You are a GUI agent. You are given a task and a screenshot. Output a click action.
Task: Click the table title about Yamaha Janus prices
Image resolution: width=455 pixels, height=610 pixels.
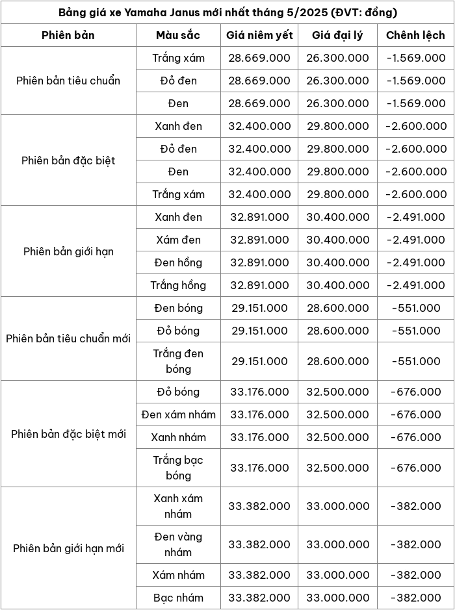pyautogui.click(x=227, y=12)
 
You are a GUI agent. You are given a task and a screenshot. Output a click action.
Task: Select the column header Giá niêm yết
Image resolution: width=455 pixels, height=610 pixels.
pyautogui.click(x=259, y=35)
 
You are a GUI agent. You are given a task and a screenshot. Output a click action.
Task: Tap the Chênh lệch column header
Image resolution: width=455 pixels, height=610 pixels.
pyautogui.click(x=415, y=35)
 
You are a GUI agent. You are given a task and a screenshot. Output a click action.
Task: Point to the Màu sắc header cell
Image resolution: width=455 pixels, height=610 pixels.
pyautogui.click(x=178, y=35)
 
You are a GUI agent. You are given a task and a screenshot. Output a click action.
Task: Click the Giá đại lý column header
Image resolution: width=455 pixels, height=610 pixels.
pyautogui.click(x=338, y=35)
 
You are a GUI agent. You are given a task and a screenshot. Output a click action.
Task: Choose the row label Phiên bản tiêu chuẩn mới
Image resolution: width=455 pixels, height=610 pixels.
pyautogui.click(x=68, y=338)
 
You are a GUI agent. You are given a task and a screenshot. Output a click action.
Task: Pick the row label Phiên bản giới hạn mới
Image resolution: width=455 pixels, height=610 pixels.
pyautogui.click(x=68, y=548)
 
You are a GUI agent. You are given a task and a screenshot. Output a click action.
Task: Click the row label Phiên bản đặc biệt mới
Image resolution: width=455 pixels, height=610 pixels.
pyautogui.click(x=68, y=434)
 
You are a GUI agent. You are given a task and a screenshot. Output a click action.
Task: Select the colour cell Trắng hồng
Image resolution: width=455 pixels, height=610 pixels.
pyautogui.click(x=178, y=285)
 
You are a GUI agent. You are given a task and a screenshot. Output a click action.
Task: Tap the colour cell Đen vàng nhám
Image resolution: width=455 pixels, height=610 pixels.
pyautogui.click(x=178, y=544)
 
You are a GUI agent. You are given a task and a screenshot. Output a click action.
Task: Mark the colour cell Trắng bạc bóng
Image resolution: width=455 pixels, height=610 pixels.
pyautogui.click(x=178, y=468)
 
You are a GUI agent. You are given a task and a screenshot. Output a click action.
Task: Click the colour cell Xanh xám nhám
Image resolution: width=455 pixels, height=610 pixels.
pyautogui.click(x=178, y=506)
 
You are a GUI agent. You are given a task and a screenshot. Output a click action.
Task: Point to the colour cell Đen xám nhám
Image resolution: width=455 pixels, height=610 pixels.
pyautogui.click(x=178, y=414)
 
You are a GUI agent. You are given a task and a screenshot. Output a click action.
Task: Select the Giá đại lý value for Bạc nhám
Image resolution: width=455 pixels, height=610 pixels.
pyautogui.click(x=338, y=598)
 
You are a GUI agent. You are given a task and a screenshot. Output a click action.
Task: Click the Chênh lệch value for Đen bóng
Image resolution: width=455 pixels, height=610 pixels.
pyautogui.click(x=415, y=308)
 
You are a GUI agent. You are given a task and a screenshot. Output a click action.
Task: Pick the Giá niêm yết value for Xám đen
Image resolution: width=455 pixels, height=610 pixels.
pyautogui.click(x=259, y=240)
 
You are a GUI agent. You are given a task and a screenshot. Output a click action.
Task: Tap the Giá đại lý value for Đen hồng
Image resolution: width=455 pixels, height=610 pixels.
pyautogui.click(x=338, y=262)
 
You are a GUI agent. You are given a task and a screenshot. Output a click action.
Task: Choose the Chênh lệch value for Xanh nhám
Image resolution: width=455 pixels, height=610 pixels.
pyautogui.click(x=415, y=437)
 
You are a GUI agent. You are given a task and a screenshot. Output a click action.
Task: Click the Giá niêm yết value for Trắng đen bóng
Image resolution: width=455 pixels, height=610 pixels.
pyautogui.click(x=259, y=361)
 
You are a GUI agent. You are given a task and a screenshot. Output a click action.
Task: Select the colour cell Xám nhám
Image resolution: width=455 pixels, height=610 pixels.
pyautogui.click(x=178, y=575)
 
